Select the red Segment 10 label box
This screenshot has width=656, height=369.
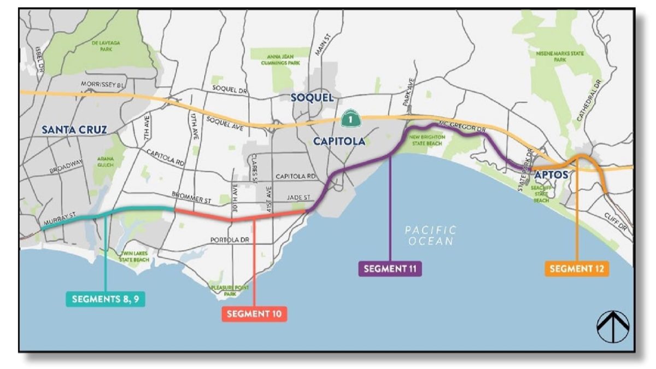point(254,314)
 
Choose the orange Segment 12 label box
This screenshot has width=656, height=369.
point(577,268)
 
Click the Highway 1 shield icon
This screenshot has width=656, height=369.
point(347,118)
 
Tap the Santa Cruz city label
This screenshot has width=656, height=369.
point(74,130)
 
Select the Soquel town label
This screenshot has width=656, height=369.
point(312,98)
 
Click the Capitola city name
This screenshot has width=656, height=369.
point(339,142)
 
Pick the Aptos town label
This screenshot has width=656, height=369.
point(551,175)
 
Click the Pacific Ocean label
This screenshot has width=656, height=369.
point(430,236)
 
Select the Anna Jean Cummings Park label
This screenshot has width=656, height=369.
point(283,60)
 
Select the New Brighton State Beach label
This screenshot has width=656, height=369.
point(426,139)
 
